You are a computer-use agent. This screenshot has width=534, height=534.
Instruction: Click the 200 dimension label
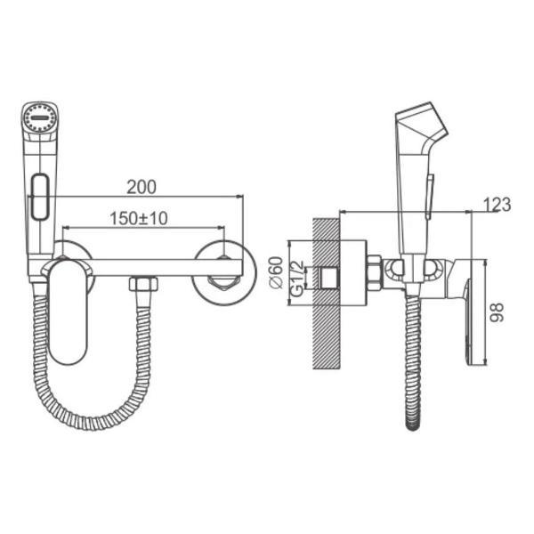pyautogui.click(x=142, y=187)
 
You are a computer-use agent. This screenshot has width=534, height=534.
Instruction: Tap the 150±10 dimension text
pyautogui.click(x=139, y=218)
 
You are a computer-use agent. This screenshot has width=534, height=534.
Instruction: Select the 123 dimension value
pyautogui.click(x=498, y=205)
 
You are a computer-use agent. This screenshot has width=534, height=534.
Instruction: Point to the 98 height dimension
pyautogui.click(x=497, y=312)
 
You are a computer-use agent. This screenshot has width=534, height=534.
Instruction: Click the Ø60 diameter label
pyautogui.click(x=277, y=272)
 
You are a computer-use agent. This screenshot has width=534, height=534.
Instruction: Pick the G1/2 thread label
pyautogui.click(x=297, y=279)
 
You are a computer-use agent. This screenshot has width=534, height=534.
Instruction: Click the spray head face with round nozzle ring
pyautogui.click(x=39, y=117)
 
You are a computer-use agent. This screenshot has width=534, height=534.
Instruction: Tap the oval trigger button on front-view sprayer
pyautogui.click(x=40, y=197)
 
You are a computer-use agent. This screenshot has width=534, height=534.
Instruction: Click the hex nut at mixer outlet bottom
pyautogui.click(x=143, y=284)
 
